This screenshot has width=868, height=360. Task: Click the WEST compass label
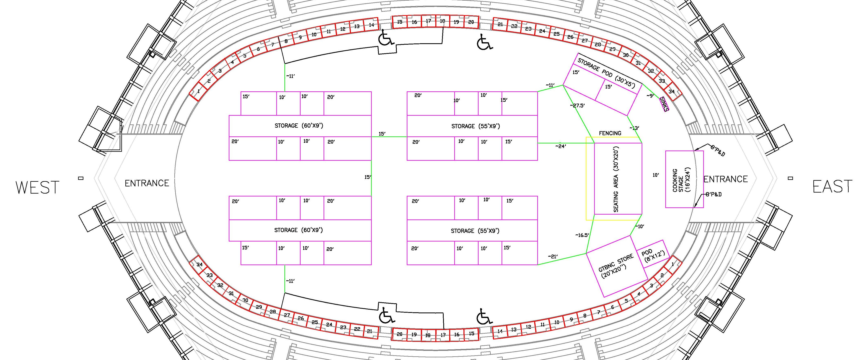click(37, 187)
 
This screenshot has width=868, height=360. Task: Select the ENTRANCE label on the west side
click(147, 183)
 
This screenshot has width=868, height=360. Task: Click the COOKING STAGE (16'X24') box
click(684, 179)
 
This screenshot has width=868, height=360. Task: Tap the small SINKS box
click(664, 104)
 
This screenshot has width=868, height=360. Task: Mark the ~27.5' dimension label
click(577, 105)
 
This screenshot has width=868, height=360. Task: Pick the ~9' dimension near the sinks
click(650, 96)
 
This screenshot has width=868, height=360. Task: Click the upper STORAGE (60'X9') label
click(299, 126)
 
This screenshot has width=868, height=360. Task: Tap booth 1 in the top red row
click(198, 91)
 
